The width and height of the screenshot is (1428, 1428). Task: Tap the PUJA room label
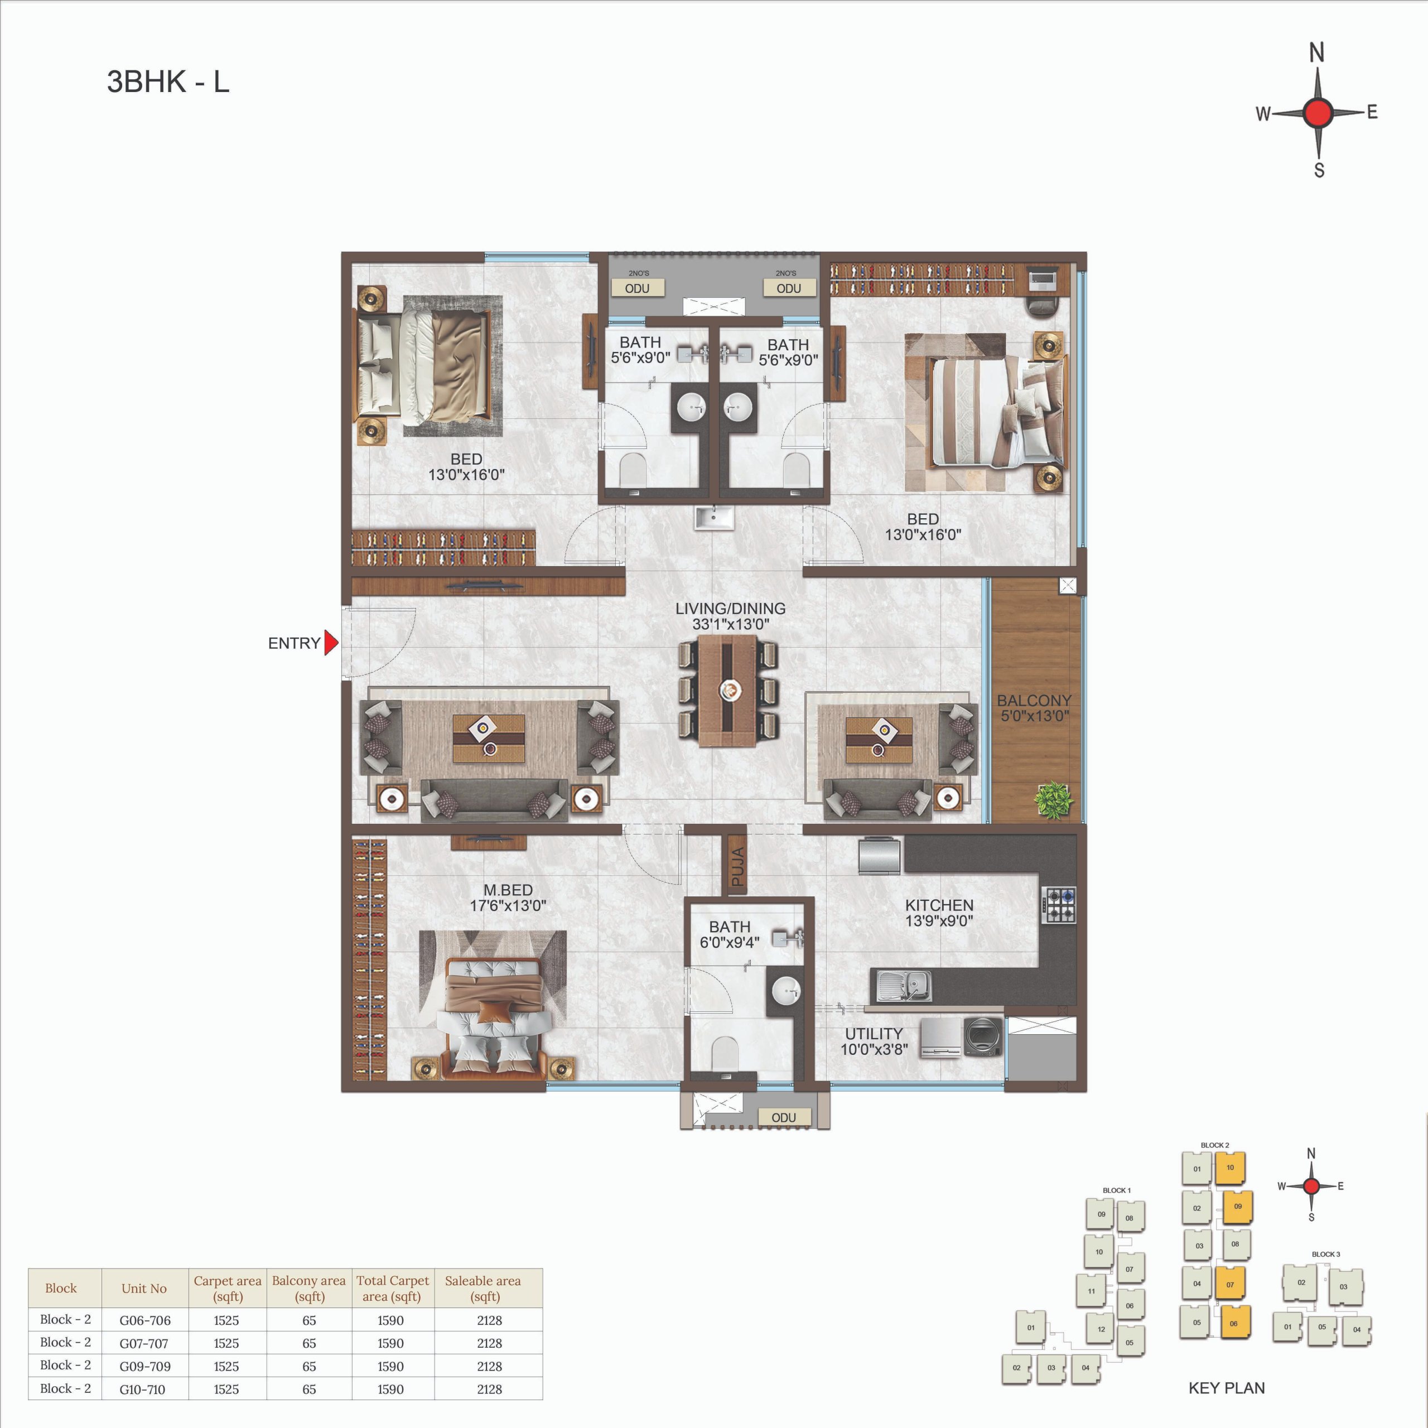(737, 866)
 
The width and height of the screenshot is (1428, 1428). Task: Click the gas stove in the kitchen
(1059, 905)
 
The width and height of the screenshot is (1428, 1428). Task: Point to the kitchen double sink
(903, 985)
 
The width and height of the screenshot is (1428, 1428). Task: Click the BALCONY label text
(1034, 700)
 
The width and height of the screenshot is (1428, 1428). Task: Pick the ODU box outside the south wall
(784, 1117)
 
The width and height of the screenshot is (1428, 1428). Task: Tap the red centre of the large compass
(1318, 113)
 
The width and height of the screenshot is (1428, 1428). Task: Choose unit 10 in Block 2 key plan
(1230, 1168)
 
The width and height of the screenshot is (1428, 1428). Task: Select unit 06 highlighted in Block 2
(1234, 1323)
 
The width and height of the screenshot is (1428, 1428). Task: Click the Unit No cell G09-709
(145, 1366)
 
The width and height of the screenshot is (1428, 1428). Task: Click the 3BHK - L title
(168, 81)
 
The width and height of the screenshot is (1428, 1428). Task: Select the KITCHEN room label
(939, 905)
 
